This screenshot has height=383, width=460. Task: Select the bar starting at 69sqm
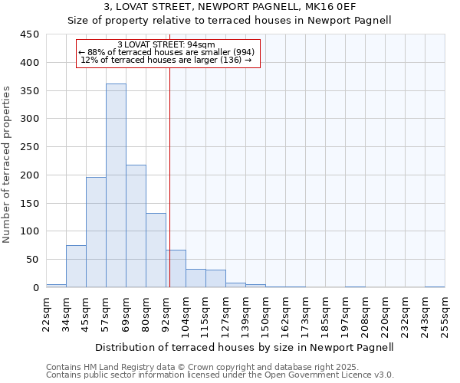pyautogui.click(x=136, y=226)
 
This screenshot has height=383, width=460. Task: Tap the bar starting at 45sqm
pyautogui.click(x=96, y=232)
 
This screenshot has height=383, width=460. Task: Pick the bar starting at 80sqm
pyautogui.click(x=156, y=250)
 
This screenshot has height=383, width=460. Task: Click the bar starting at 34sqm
pyautogui.click(x=76, y=266)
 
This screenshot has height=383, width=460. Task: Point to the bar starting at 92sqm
pyautogui.click(x=176, y=268)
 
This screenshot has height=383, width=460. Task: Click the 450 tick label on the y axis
pyautogui.click(x=30, y=34)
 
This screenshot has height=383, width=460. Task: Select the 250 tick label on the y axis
pyautogui.click(x=30, y=147)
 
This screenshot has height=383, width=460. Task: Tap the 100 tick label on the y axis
pyautogui.click(x=30, y=231)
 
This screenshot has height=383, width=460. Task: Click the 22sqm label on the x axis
pyautogui.click(x=45, y=313)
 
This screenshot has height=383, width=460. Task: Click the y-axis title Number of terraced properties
pyautogui.click(x=8, y=165)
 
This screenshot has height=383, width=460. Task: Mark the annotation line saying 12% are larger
pyautogui.click(x=166, y=60)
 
